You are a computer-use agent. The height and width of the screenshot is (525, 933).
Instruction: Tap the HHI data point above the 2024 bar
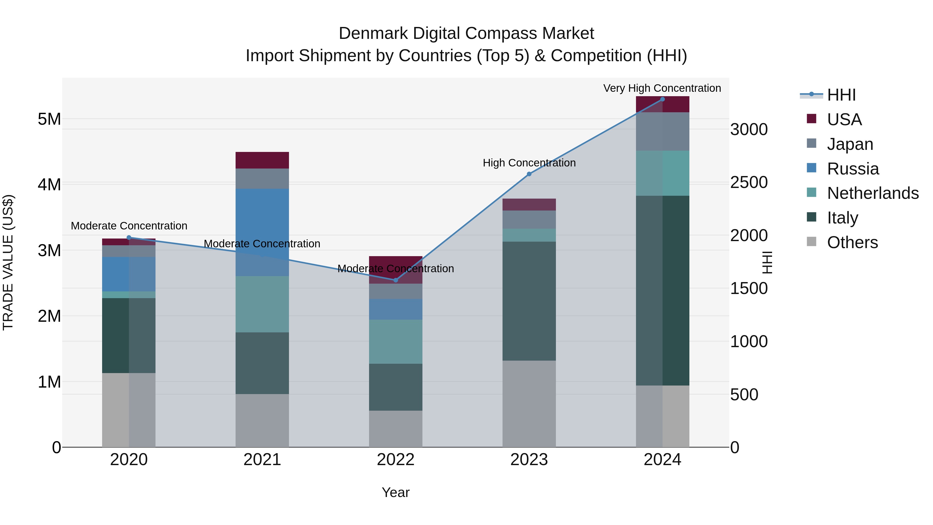click(662, 99)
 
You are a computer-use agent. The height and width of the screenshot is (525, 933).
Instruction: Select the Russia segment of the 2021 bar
click(262, 232)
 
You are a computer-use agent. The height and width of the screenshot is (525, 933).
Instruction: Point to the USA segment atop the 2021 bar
click(262, 160)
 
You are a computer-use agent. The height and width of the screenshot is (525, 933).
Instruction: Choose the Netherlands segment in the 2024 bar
click(662, 173)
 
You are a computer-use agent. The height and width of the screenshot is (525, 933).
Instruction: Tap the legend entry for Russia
click(853, 169)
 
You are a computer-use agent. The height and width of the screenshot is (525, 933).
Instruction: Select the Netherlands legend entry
click(872, 193)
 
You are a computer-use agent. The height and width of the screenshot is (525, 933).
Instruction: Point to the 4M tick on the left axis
click(49, 184)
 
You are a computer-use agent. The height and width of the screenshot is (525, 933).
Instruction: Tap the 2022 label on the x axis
click(395, 460)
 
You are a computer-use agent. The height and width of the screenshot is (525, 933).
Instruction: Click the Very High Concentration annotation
click(662, 88)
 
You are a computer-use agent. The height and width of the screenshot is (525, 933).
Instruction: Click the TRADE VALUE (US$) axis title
click(8, 262)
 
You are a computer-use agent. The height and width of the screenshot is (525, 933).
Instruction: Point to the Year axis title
click(395, 492)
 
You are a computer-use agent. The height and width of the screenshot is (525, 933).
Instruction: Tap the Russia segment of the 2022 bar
click(395, 309)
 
